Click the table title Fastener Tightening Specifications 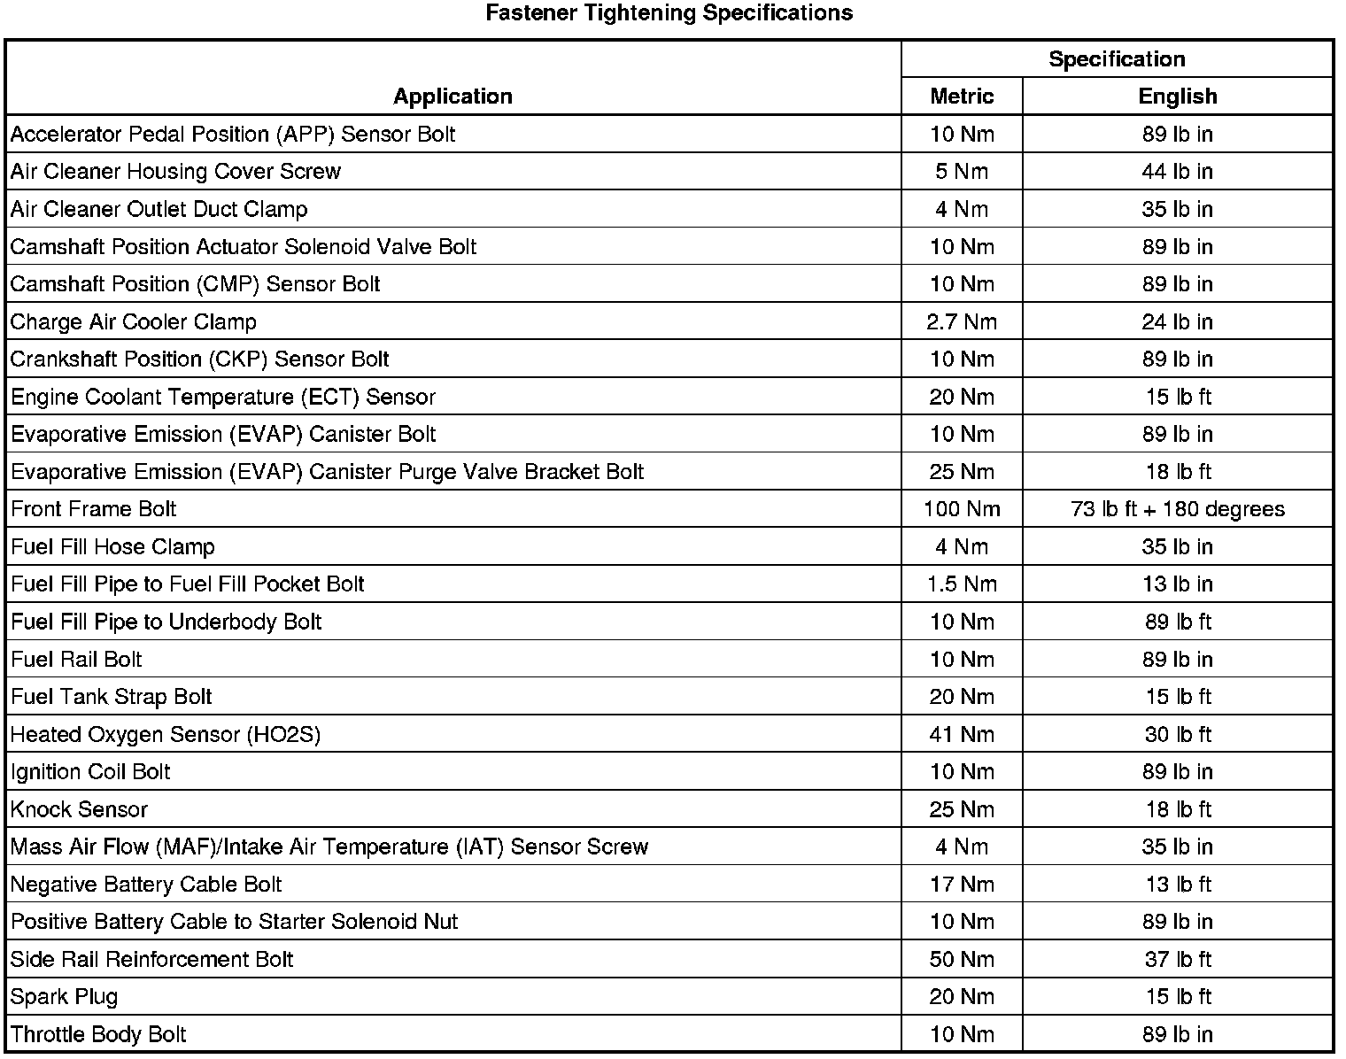click(669, 13)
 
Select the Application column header click(453, 97)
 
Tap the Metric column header click(962, 97)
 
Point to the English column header click(1177, 97)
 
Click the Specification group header click(1117, 59)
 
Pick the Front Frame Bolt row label click(94, 509)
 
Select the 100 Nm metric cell click(962, 509)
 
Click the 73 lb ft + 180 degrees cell click(1177, 509)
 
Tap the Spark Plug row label click(64, 997)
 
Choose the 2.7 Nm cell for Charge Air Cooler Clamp click(962, 321)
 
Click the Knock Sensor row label click(79, 809)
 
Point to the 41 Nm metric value click(962, 734)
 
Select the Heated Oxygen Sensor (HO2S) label click(166, 734)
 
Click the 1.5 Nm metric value click(962, 584)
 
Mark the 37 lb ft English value click(1177, 959)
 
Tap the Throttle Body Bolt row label click(98, 1034)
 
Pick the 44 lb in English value click(1177, 172)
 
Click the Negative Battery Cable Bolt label click(146, 885)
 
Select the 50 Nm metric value click(962, 959)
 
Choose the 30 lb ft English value click(1177, 734)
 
